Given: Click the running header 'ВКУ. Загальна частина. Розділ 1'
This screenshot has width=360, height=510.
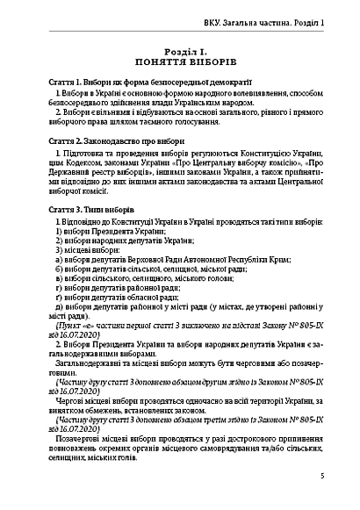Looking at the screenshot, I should coord(263,20).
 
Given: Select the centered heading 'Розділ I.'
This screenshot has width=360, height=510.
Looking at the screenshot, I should coord(180,52).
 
